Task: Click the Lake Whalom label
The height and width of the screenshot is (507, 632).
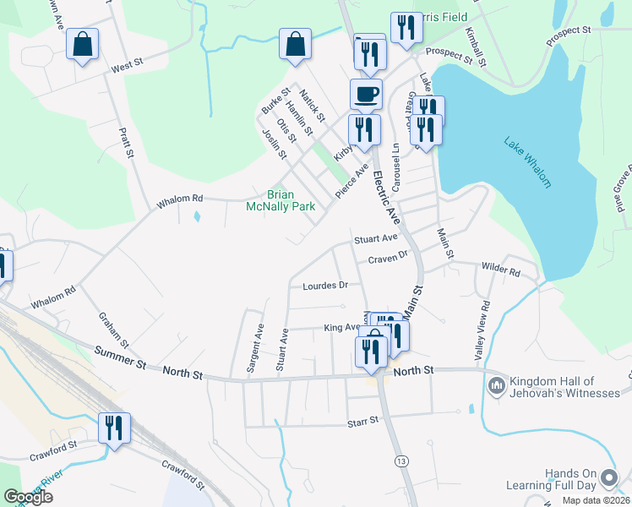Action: click(527, 162)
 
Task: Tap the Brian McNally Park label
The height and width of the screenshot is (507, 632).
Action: click(280, 200)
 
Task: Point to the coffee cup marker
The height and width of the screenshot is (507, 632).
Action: click(366, 94)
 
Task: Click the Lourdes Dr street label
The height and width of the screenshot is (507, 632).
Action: click(325, 286)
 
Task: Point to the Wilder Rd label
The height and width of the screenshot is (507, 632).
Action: click(500, 272)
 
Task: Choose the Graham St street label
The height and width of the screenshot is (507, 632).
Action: click(112, 331)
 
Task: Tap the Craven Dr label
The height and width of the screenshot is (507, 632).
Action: click(388, 254)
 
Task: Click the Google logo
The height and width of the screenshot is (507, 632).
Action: click(28, 497)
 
